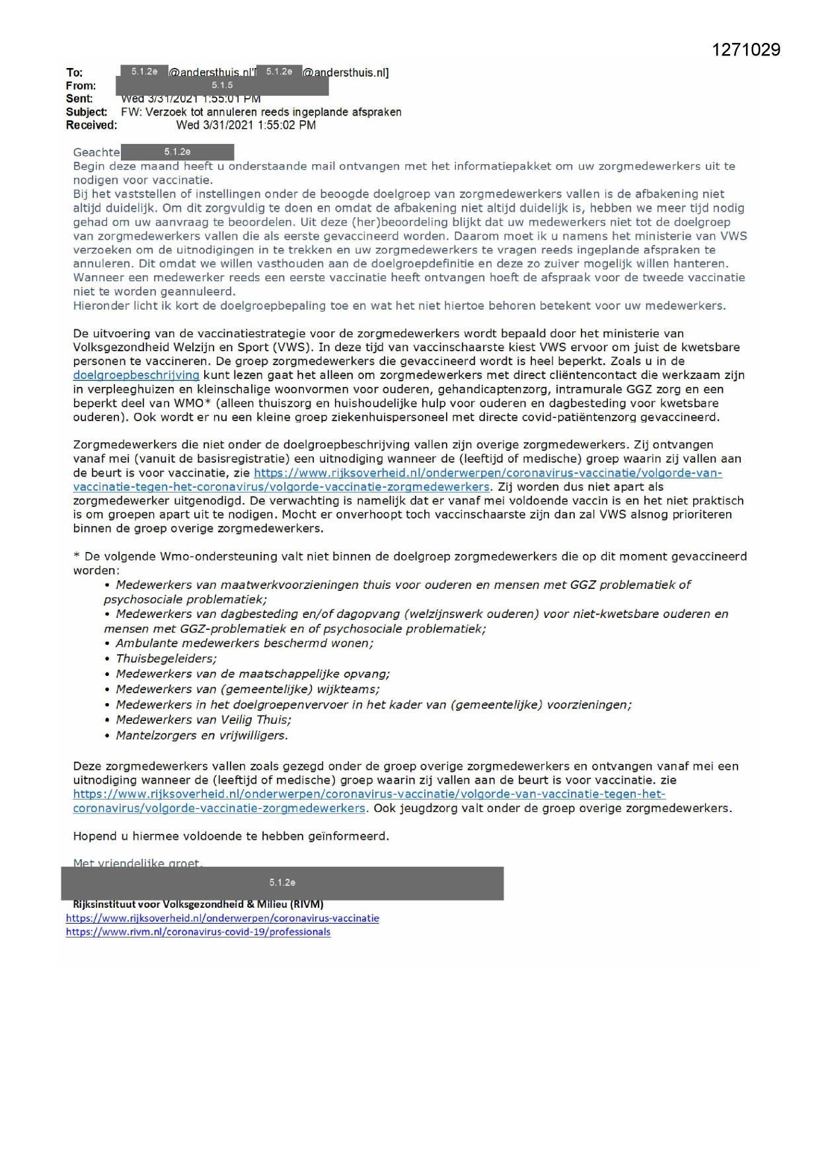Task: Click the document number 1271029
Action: [746, 50]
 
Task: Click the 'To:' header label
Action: [74, 73]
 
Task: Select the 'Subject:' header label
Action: [86, 112]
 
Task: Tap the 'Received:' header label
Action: [91, 125]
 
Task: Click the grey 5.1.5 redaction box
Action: [222, 85]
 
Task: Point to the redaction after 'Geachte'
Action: [177, 153]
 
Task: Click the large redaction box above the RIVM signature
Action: [282, 883]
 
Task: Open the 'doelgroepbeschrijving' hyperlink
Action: [136, 375]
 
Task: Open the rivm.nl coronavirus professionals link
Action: [198, 932]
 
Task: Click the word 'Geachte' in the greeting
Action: [96, 153]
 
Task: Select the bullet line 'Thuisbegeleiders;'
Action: [166, 659]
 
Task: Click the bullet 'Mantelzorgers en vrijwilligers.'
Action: [202, 735]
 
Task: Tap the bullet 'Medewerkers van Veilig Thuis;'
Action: [204, 720]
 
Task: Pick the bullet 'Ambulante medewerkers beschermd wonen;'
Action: [244, 644]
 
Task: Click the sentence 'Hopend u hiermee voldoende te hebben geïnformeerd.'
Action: [231, 836]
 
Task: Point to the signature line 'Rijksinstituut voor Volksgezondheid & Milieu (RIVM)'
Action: [198, 904]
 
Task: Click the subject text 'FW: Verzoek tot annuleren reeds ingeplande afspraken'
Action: [261, 112]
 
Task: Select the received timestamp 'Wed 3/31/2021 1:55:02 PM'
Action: [246, 125]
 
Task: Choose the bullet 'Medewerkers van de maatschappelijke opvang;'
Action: [252, 674]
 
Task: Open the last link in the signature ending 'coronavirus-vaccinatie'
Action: [223, 918]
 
